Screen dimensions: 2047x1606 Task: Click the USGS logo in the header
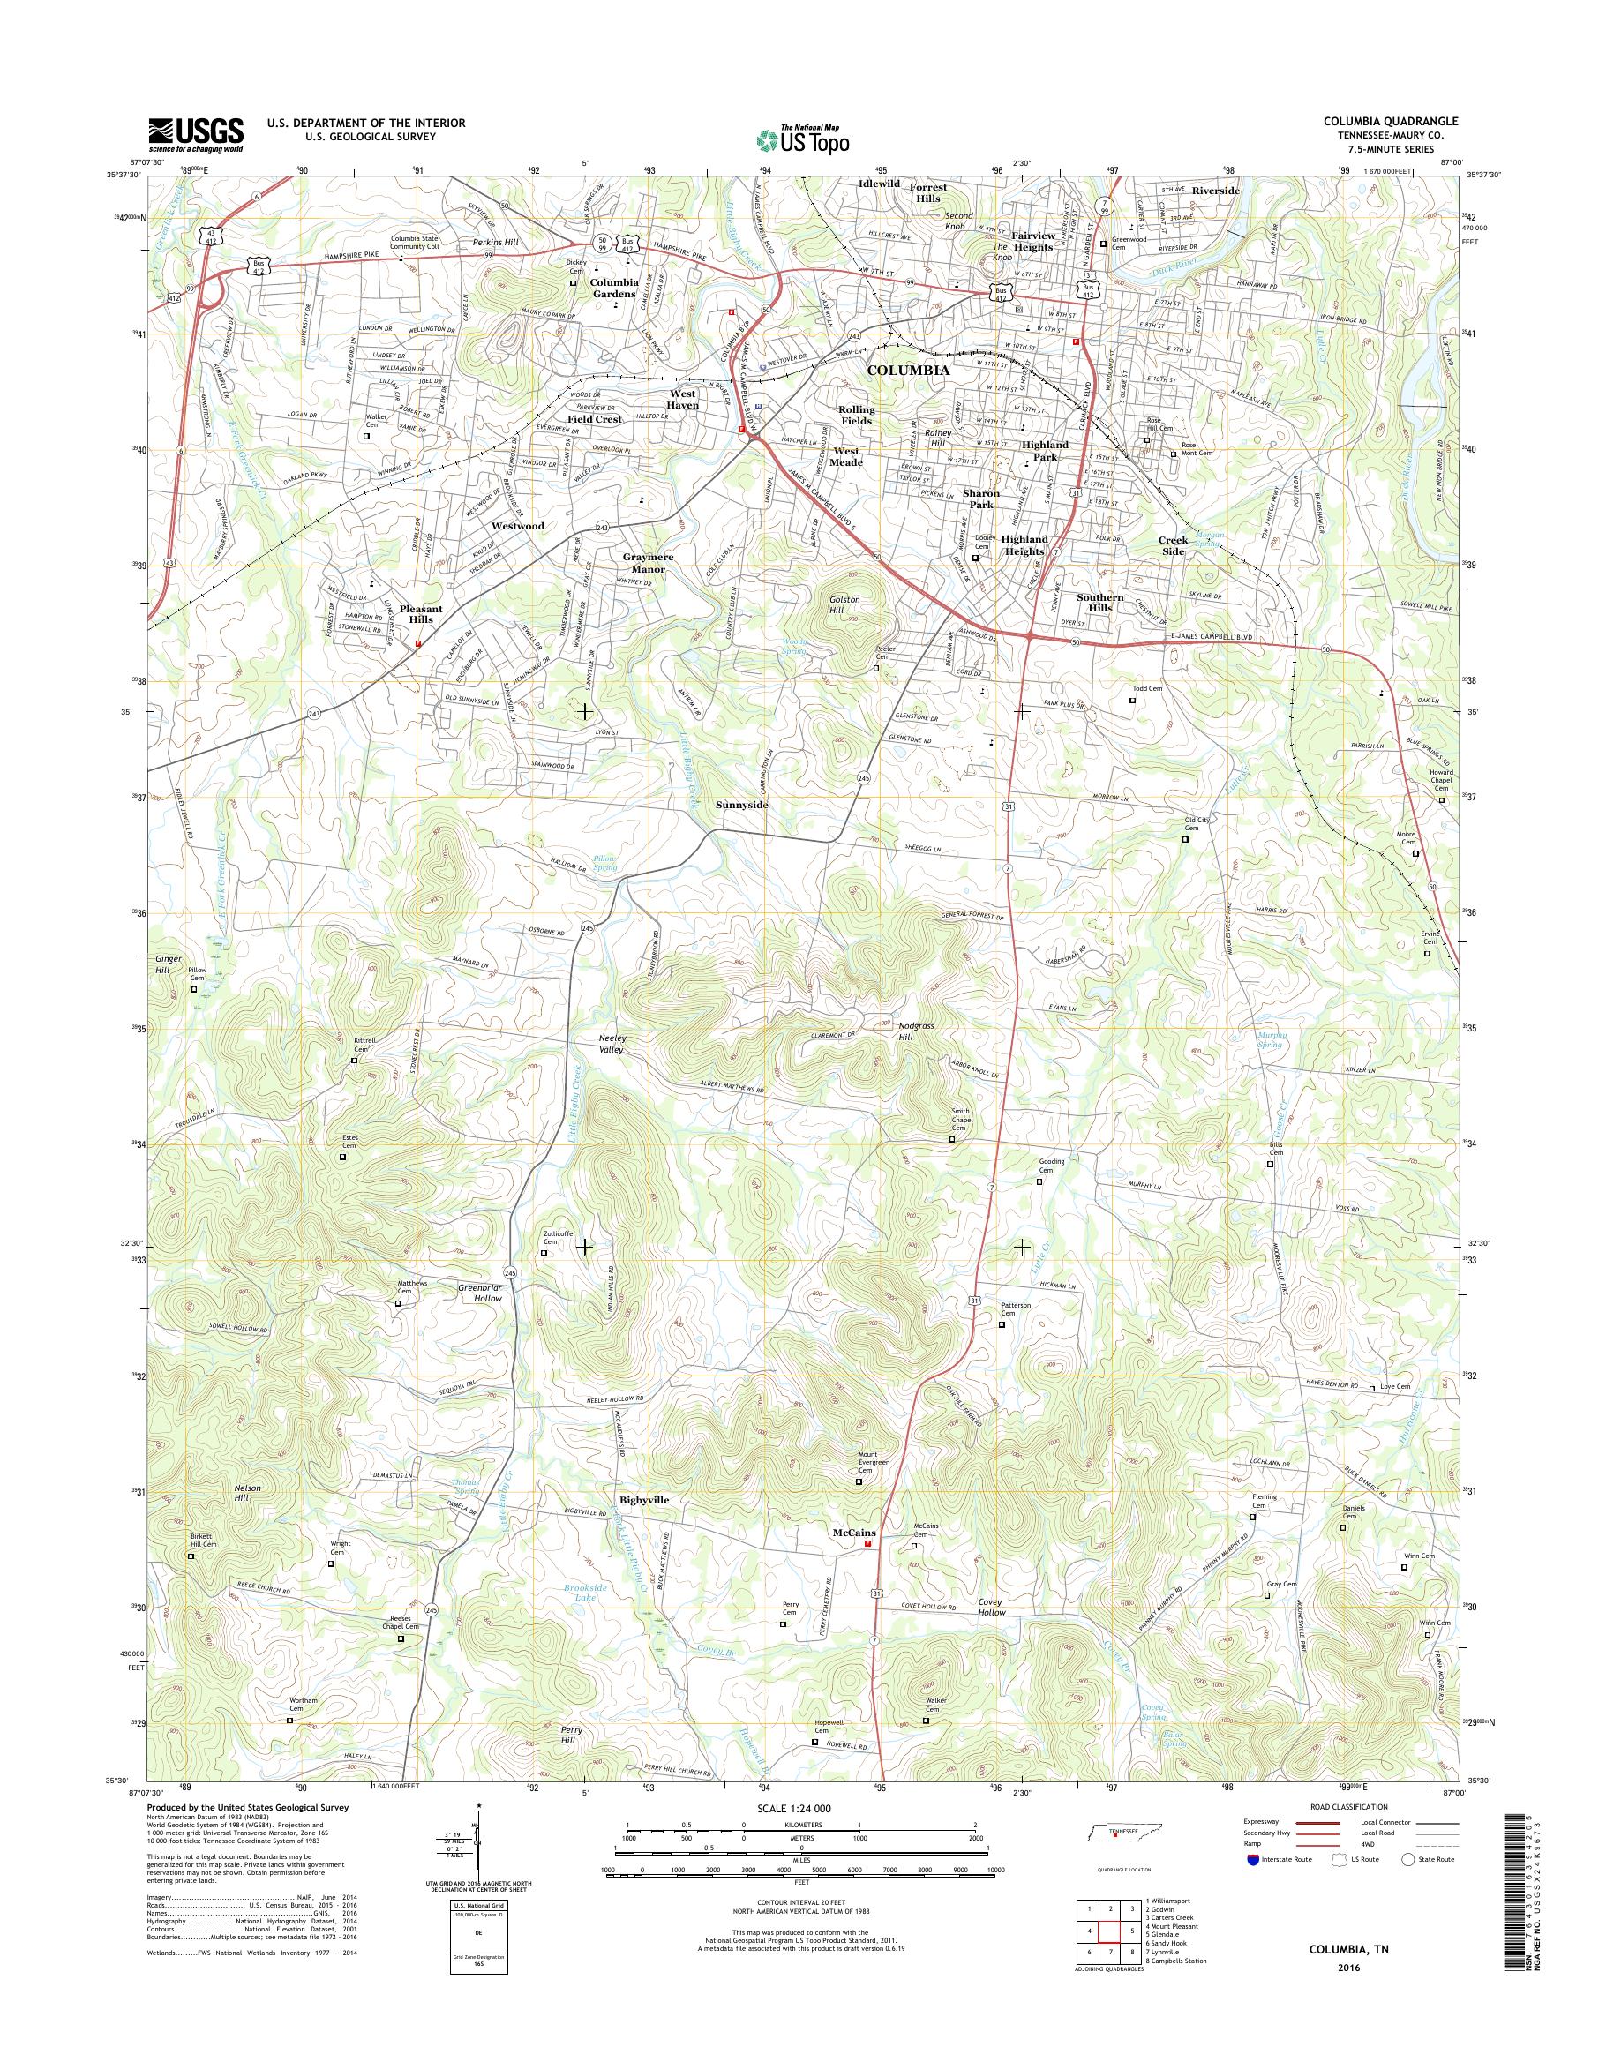(x=196, y=134)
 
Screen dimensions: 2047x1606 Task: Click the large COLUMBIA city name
(x=907, y=371)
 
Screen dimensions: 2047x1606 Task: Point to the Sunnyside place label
(x=742, y=805)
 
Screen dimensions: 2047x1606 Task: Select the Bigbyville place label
(x=644, y=1500)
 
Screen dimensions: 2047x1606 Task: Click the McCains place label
(x=854, y=1533)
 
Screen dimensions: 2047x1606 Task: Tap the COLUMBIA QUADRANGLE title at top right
(x=1402, y=120)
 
